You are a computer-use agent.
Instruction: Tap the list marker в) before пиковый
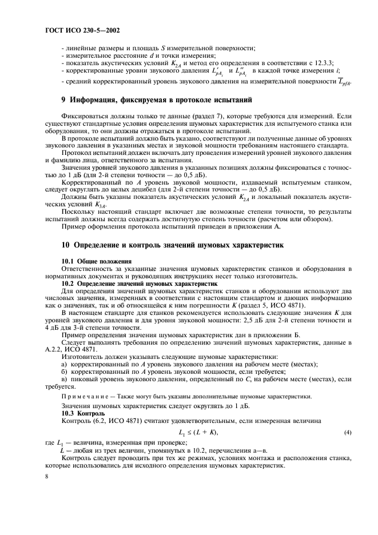[65, 379]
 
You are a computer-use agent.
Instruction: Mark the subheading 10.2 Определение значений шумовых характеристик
[139, 283]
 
